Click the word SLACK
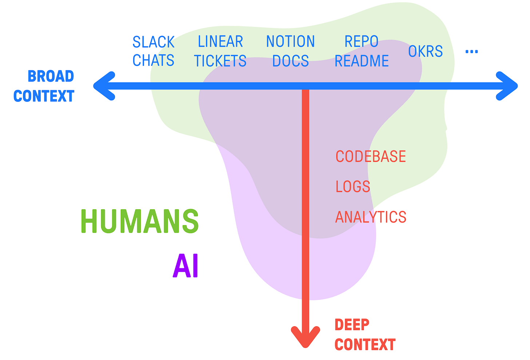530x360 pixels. pyautogui.click(x=153, y=42)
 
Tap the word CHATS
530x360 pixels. pyautogui.click(x=153, y=60)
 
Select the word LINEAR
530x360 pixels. pyautogui.click(x=220, y=42)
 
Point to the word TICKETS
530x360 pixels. pyautogui.click(x=220, y=61)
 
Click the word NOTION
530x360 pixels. pyautogui.click(x=290, y=42)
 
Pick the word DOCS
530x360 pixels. pyautogui.click(x=290, y=61)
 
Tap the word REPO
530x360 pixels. pyautogui.click(x=361, y=42)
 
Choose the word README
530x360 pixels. pyautogui.click(x=361, y=61)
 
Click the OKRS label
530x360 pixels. pyautogui.click(x=425, y=52)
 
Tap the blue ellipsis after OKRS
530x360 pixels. pyautogui.click(x=471, y=52)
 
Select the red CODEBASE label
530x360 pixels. pyautogui.click(x=371, y=157)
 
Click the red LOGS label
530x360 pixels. pyautogui.click(x=353, y=187)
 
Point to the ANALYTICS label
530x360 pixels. pyautogui.click(x=371, y=217)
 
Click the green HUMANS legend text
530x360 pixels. pyautogui.click(x=139, y=221)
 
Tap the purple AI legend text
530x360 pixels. pyautogui.click(x=186, y=266)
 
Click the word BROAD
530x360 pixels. pyautogui.click(x=51, y=76)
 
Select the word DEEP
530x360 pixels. pyautogui.click(x=352, y=325)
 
